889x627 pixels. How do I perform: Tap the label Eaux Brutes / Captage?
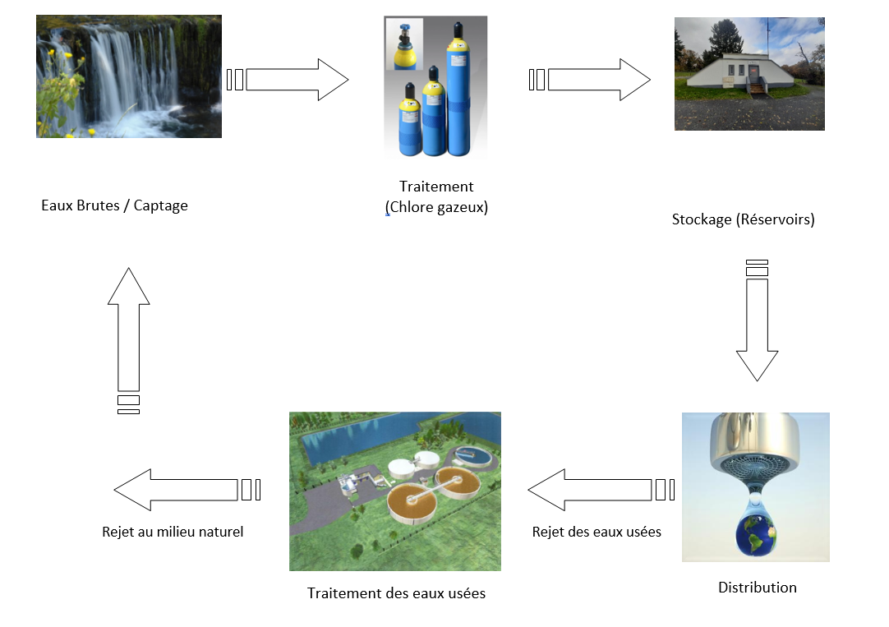(114, 205)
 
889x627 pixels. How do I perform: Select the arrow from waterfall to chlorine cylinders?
(296, 80)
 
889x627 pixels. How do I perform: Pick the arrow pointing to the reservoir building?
(597, 80)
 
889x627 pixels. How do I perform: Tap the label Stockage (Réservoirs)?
(743, 219)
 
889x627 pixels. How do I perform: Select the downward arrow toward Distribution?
(756, 329)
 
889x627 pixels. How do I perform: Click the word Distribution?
(757, 588)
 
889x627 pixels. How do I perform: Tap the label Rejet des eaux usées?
(597, 532)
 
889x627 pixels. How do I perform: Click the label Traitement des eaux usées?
(396, 593)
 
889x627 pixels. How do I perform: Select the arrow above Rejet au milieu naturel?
(176, 490)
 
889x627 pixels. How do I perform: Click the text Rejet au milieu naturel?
(173, 532)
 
